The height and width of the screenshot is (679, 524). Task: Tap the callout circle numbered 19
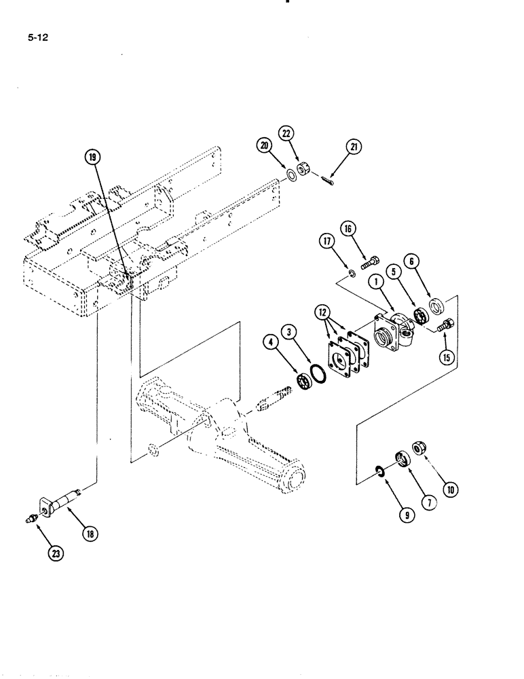tap(92, 157)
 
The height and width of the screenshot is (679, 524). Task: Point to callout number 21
tap(355, 146)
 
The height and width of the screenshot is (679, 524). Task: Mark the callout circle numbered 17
tap(327, 240)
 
